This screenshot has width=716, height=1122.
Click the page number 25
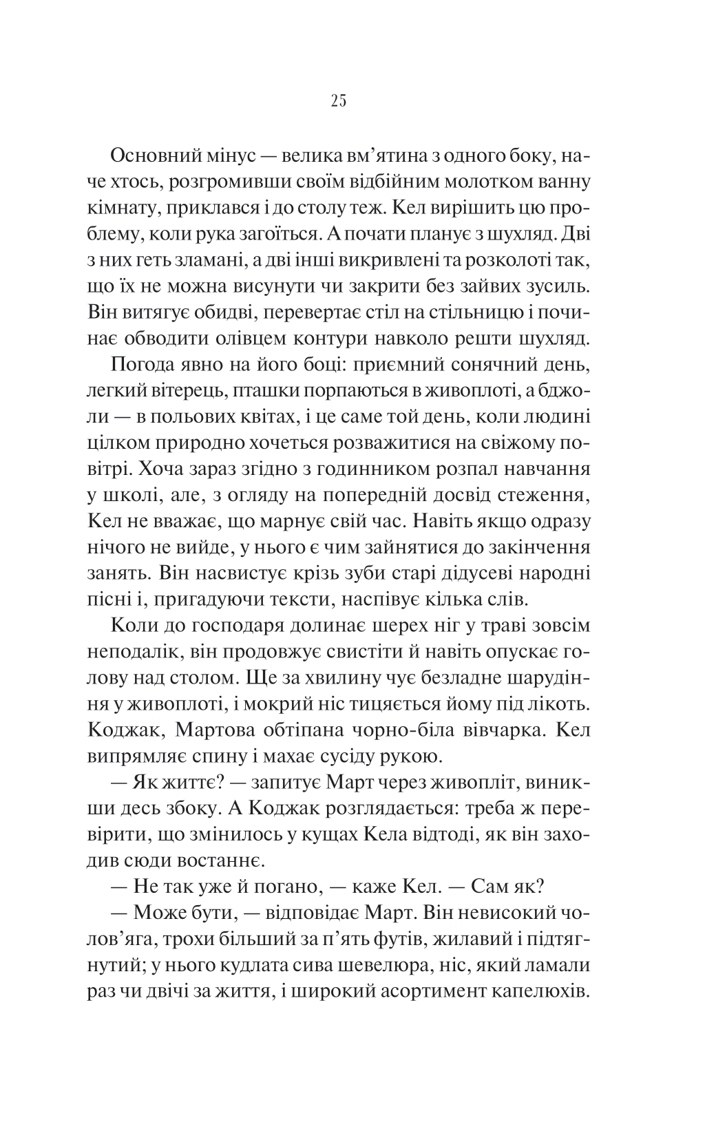coord(338,101)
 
